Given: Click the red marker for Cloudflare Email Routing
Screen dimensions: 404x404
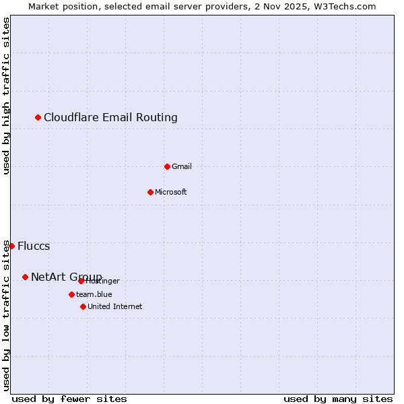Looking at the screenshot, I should [38, 118].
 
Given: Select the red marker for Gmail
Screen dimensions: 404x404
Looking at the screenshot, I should [168, 166].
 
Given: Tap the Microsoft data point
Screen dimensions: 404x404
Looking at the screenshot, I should [151, 193].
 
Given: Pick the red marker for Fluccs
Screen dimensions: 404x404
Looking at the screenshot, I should [11, 246].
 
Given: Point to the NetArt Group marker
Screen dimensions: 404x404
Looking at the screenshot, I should [26, 277].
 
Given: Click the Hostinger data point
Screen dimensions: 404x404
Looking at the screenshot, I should [81, 281].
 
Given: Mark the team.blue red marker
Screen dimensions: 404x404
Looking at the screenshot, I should [71, 294].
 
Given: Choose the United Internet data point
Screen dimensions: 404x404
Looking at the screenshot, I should [83, 306].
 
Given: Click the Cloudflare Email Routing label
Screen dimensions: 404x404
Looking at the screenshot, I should [110, 118].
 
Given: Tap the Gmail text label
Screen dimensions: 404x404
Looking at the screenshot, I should [182, 166].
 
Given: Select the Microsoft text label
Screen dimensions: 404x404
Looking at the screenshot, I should [171, 193].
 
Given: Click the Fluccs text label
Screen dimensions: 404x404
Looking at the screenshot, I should [34, 246].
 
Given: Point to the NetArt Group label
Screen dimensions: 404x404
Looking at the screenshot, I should [66, 277].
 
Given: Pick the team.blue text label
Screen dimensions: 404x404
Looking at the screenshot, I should [94, 294].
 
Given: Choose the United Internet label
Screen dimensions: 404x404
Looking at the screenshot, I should [115, 306].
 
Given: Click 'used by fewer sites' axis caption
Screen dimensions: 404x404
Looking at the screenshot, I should [69, 399].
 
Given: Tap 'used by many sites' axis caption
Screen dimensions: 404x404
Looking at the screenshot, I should [338, 399].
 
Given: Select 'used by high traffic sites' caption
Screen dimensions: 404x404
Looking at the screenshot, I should [7, 96].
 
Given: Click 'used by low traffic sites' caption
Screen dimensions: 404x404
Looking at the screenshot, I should [7, 315].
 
